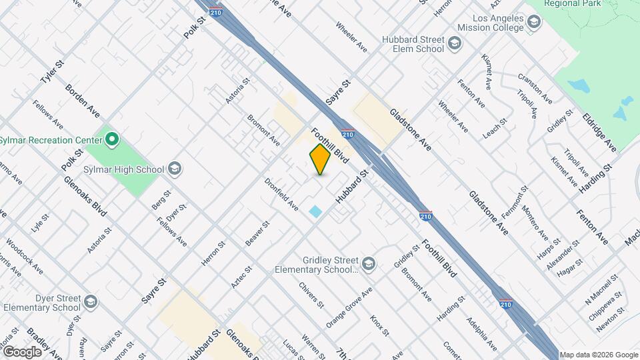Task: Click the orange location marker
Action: point(320,159)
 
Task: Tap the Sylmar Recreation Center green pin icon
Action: point(112,140)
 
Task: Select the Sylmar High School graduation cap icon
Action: point(175,169)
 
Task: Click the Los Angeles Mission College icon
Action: point(533,23)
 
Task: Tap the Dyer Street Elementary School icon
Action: point(91,303)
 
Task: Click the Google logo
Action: point(22,351)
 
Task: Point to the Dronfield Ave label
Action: point(281,194)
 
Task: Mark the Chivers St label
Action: point(311,294)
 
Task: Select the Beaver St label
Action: point(257,234)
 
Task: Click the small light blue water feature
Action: point(315,211)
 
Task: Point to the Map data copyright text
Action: point(599,355)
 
